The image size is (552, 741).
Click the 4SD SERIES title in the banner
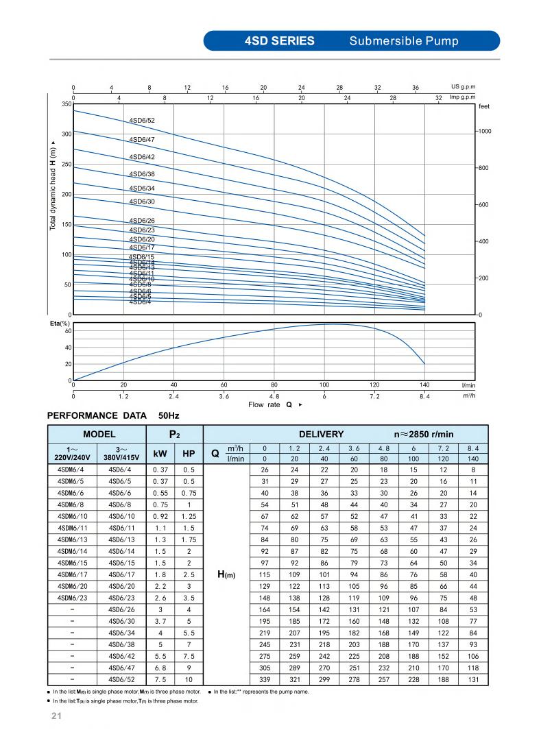tap(279, 41)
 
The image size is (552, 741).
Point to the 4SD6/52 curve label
tap(142, 121)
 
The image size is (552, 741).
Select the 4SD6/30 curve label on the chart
tap(142, 202)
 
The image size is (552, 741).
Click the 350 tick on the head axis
tap(67, 104)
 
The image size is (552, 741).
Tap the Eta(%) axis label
tap(60, 323)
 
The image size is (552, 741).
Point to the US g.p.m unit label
tap(463, 87)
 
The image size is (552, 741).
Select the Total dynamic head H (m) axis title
tap(53, 189)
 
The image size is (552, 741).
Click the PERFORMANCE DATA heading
tap(97, 415)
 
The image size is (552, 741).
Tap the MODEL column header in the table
tap(99, 434)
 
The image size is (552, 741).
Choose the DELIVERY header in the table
tap(321, 434)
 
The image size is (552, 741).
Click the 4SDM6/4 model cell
tap(71, 470)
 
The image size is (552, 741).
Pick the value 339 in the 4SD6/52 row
tap(265, 679)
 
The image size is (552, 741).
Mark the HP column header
tap(189, 453)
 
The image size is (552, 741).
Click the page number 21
tap(57, 717)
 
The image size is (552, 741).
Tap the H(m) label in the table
tap(226, 574)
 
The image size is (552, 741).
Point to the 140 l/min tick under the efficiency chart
tap(425, 385)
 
